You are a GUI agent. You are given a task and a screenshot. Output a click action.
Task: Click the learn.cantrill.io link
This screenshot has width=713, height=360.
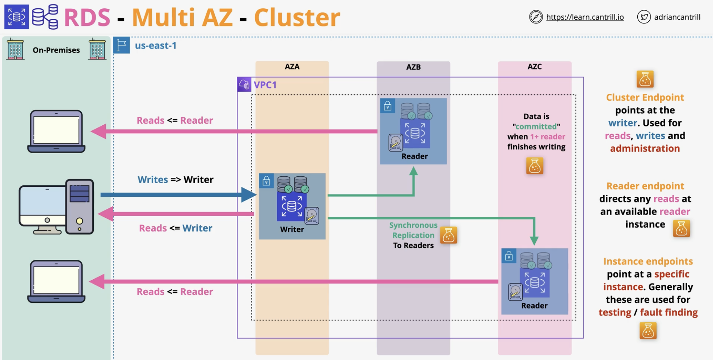click(x=585, y=17)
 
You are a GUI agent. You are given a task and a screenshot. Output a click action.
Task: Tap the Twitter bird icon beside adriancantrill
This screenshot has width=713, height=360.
click(x=644, y=17)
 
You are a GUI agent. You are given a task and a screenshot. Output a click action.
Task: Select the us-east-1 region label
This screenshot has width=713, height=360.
click(x=156, y=46)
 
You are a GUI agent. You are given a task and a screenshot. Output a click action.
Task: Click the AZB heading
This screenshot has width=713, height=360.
click(x=413, y=67)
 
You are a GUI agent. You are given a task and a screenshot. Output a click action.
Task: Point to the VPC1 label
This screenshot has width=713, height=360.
click(x=265, y=85)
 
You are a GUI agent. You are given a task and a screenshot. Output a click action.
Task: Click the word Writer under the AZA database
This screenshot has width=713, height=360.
click(x=292, y=229)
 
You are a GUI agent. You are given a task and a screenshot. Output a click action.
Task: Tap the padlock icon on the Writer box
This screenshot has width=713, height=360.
click(x=266, y=181)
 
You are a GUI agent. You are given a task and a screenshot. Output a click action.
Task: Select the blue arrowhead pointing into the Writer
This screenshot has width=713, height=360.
click(x=249, y=195)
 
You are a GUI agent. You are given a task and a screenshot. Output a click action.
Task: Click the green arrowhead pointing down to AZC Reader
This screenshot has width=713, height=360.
click(x=534, y=241)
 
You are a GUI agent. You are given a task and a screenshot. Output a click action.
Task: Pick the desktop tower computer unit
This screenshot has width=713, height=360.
click(x=80, y=206)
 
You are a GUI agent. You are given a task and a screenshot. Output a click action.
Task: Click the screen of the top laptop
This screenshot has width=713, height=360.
click(x=56, y=129)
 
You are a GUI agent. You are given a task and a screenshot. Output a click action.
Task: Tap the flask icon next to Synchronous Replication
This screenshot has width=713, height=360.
click(x=448, y=235)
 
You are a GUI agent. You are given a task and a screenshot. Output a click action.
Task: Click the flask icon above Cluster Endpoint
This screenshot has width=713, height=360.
click(x=645, y=79)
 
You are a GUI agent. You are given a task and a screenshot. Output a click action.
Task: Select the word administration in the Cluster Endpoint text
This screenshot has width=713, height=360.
click(x=645, y=148)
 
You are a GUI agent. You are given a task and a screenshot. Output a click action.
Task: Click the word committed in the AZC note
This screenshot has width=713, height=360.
click(x=536, y=126)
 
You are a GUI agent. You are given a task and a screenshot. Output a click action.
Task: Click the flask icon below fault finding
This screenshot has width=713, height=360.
click(x=648, y=331)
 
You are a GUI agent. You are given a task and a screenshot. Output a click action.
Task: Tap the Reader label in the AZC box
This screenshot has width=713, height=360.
click(x=534, y=306)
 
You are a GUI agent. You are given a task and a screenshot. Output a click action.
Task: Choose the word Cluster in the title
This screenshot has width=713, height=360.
click(x=297, y=17)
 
